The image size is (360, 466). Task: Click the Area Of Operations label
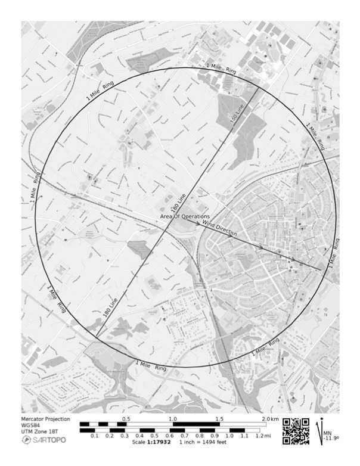[x=185, y=216]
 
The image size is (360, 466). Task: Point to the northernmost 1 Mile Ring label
[x=222, y=69]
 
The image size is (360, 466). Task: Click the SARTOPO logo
[x=44, y=440]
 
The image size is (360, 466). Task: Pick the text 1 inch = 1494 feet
[x=204, y=443]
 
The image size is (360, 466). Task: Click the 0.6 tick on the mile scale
[x=170, y=436]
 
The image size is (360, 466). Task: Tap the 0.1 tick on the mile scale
[x=95, y=436]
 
